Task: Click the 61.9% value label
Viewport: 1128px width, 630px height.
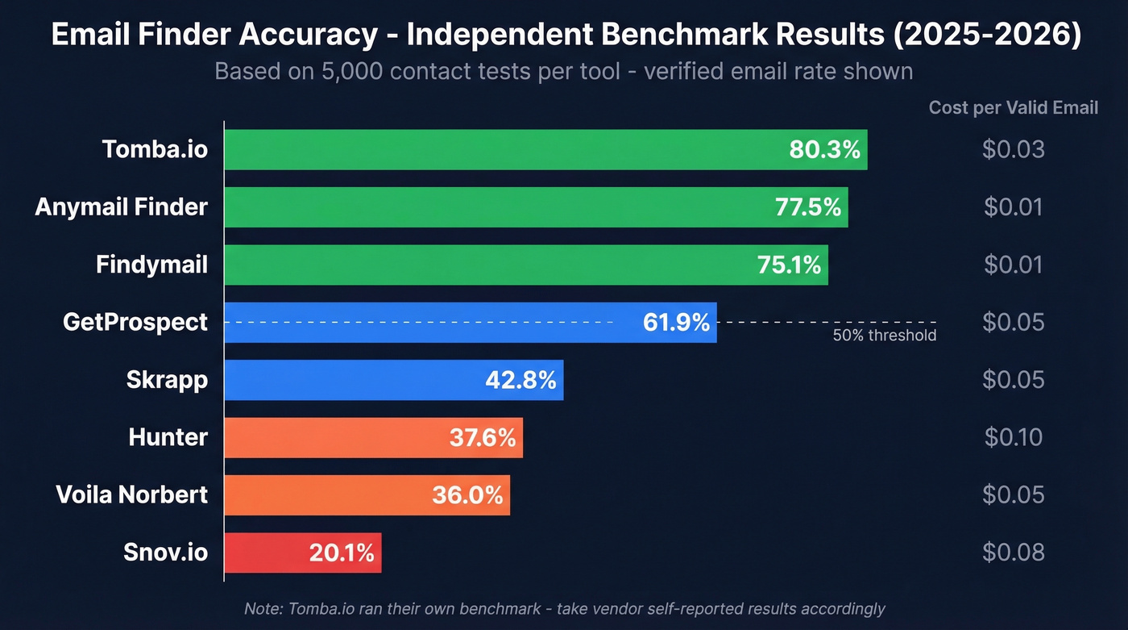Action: tap(676, 323)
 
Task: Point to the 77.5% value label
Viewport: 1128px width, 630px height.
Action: tap(808, 207)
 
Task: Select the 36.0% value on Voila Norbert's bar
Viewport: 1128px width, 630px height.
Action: tap(467, 494)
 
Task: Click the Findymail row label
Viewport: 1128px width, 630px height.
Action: tap(151, 265)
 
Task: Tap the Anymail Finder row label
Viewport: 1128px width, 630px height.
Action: tap(121, 207)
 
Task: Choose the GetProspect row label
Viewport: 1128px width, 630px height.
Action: tap(135, 323)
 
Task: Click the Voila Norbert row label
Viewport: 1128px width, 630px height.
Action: tap(131, 494)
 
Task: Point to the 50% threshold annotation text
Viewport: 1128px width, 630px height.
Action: tap(884, 336)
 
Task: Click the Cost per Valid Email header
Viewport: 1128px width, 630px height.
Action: tap(1013, 108)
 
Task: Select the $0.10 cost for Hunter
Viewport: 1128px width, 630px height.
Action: tap(1013, 437)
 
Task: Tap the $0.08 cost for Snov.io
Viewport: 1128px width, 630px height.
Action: tap(1013, 553)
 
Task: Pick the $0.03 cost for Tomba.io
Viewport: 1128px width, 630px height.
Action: tap(1013, 150)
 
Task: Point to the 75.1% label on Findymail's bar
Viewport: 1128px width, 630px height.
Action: tap(789, 265)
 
